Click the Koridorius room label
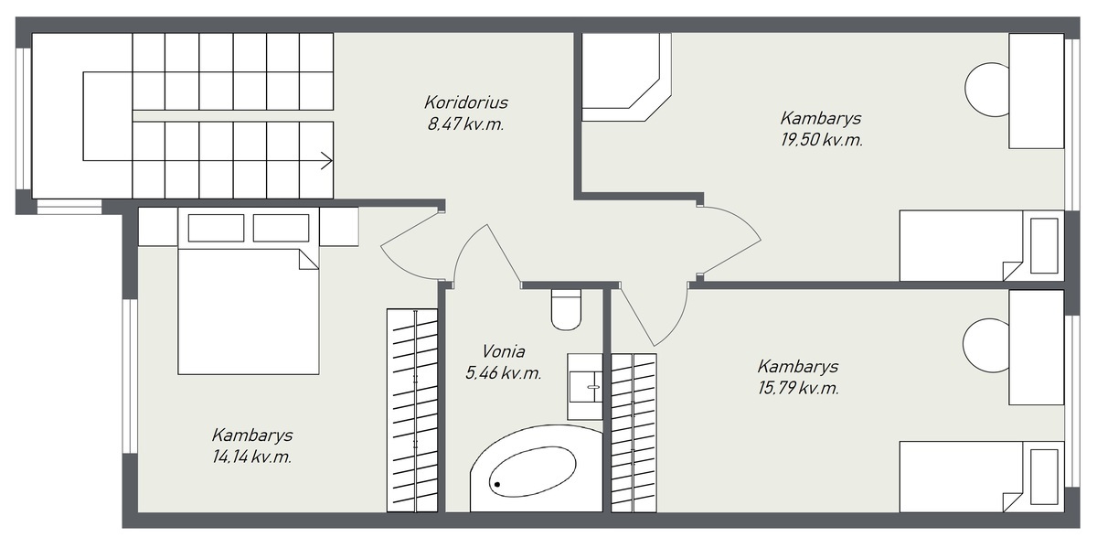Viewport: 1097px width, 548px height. [466, 102]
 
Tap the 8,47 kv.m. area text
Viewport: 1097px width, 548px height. [465, 124]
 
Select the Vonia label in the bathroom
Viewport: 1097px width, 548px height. [504, 351]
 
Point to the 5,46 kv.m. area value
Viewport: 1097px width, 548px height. [504, 373]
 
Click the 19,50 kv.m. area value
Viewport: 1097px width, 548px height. [821, 140]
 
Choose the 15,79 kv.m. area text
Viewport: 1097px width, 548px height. [798, 389]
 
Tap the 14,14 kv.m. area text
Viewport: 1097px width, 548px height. [251, 457]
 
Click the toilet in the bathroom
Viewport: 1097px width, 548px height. [566, 309]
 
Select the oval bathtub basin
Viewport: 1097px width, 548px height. [532, 471]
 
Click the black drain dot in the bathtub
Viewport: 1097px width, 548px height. [497, 485]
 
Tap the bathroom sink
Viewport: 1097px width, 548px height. [585, 387]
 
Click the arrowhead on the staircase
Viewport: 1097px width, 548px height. [327, 160]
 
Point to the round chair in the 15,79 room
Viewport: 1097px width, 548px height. [985, 346]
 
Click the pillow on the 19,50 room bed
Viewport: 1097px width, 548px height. [1044, 245]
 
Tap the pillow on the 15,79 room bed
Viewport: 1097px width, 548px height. [1044, 477]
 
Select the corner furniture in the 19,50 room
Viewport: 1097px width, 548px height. [627, 77]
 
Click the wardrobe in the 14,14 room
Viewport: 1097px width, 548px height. [412, 410]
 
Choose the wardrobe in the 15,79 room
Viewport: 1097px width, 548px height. [634, 433]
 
